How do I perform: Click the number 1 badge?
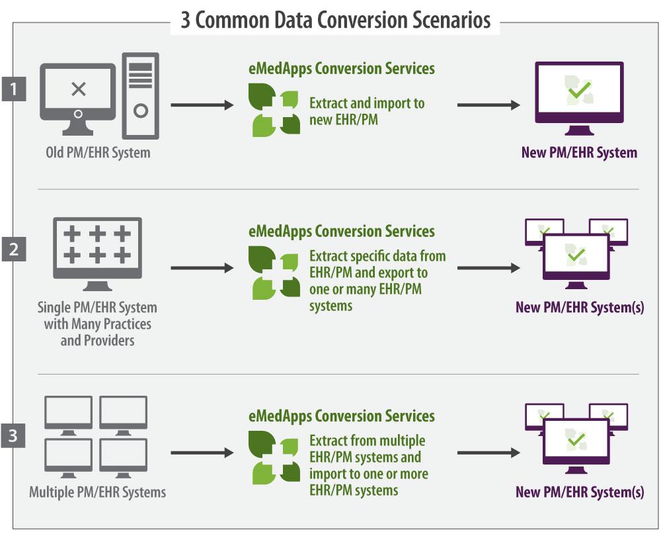tap(14, 89)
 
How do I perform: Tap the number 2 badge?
tap(14, 249)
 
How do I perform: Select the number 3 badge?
tap(13, 435)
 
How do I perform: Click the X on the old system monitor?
tap(79, 89)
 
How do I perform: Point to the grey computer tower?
tap(140, 96)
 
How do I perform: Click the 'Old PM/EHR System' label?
tap(98, 152)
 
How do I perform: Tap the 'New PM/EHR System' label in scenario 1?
tap(579, 152)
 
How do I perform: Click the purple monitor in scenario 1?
tap(579, 99)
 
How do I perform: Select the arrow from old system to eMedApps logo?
tap(202, 105)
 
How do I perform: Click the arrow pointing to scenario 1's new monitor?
tap(488, 105)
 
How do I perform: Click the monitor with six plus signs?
tap(97, 254)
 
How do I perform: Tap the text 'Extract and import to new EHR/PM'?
tap(367, 111)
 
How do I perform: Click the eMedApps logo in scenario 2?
tap(274, 273)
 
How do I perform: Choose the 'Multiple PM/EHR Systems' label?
tap(97, 492)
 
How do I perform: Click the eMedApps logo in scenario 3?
tap(274, 457)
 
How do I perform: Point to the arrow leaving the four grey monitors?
tap(202, 453)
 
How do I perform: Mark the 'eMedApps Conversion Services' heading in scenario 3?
tap(342, 416)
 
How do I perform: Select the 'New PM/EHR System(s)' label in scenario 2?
tap(580, 307)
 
